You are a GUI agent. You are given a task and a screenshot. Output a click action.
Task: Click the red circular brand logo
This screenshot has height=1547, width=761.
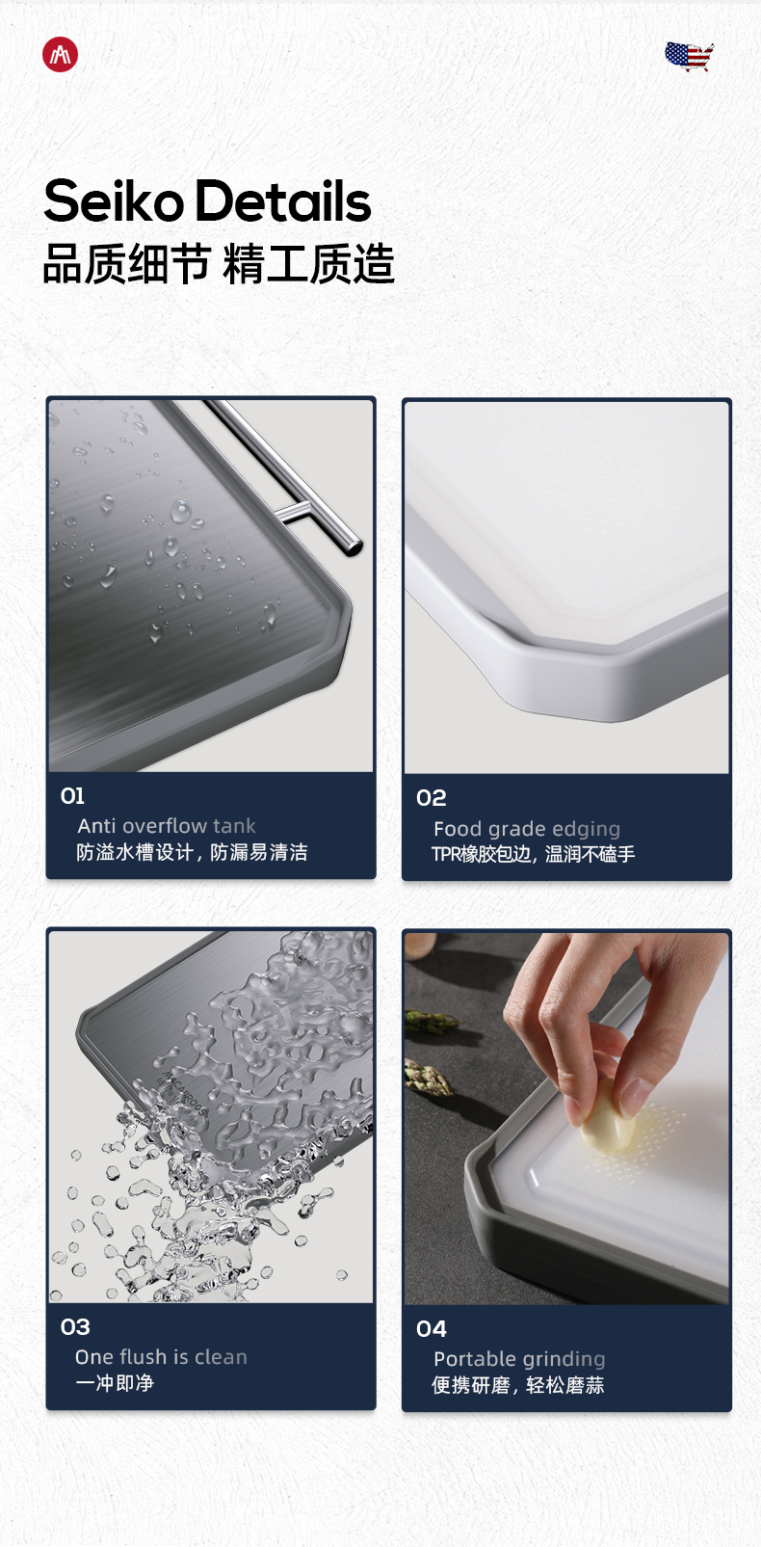tap(60, 55)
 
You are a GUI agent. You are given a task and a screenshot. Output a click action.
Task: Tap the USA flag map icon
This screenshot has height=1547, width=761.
tap(690, 57)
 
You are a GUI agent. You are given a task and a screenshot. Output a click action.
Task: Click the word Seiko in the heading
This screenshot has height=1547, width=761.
tap(114, 201)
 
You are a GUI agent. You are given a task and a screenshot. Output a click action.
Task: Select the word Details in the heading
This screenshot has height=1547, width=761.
tap(283, 201)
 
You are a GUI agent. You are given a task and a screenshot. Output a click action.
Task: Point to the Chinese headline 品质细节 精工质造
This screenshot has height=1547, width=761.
tap(219, 264)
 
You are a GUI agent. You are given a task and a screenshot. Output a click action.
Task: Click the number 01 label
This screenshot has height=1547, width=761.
tap(72, 796)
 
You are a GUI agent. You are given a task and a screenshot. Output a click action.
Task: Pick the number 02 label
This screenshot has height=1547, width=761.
tap(432, 798)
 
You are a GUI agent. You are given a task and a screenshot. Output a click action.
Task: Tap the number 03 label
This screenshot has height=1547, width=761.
tap(75, 1327)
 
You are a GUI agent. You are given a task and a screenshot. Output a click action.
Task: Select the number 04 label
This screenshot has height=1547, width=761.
tap(432, 1329)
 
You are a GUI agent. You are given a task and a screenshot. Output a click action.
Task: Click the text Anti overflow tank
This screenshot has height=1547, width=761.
tap(167, 826)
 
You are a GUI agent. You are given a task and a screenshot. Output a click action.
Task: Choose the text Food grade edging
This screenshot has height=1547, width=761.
tap(527, 829)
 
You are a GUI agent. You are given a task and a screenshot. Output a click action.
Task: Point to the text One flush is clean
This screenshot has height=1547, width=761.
tap(161, 1357)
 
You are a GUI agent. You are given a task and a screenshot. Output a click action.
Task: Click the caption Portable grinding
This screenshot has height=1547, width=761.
tap(519, 1359)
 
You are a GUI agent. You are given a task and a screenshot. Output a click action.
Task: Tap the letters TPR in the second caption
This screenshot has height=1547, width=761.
tap(446, 854)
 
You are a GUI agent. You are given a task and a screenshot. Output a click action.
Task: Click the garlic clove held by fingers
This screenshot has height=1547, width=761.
tap(607, 1117)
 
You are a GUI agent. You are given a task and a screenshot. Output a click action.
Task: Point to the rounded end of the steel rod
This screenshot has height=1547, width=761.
tap(354, 547)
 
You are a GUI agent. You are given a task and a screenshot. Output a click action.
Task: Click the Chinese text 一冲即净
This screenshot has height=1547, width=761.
tap(115, 1382)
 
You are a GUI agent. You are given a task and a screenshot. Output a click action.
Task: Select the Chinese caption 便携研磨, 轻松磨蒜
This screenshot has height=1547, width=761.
tap(518, 1385)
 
